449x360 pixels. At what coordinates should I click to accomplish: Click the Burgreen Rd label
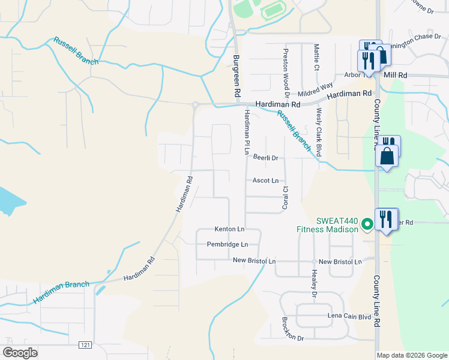point(237,77)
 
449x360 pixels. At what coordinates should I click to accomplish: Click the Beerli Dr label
point(266,158)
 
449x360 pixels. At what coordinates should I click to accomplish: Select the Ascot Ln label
point(265,180)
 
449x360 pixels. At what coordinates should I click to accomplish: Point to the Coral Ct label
point(286,198)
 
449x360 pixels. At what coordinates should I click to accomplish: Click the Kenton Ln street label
point(230,229)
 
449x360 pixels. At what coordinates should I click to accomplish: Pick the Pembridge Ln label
point(228,244)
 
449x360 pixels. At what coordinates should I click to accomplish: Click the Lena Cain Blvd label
point(350,316)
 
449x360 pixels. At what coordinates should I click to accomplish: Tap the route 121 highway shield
point(86,344)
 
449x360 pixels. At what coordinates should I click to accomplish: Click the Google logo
point(20,353)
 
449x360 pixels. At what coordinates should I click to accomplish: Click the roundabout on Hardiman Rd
point(195,105)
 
